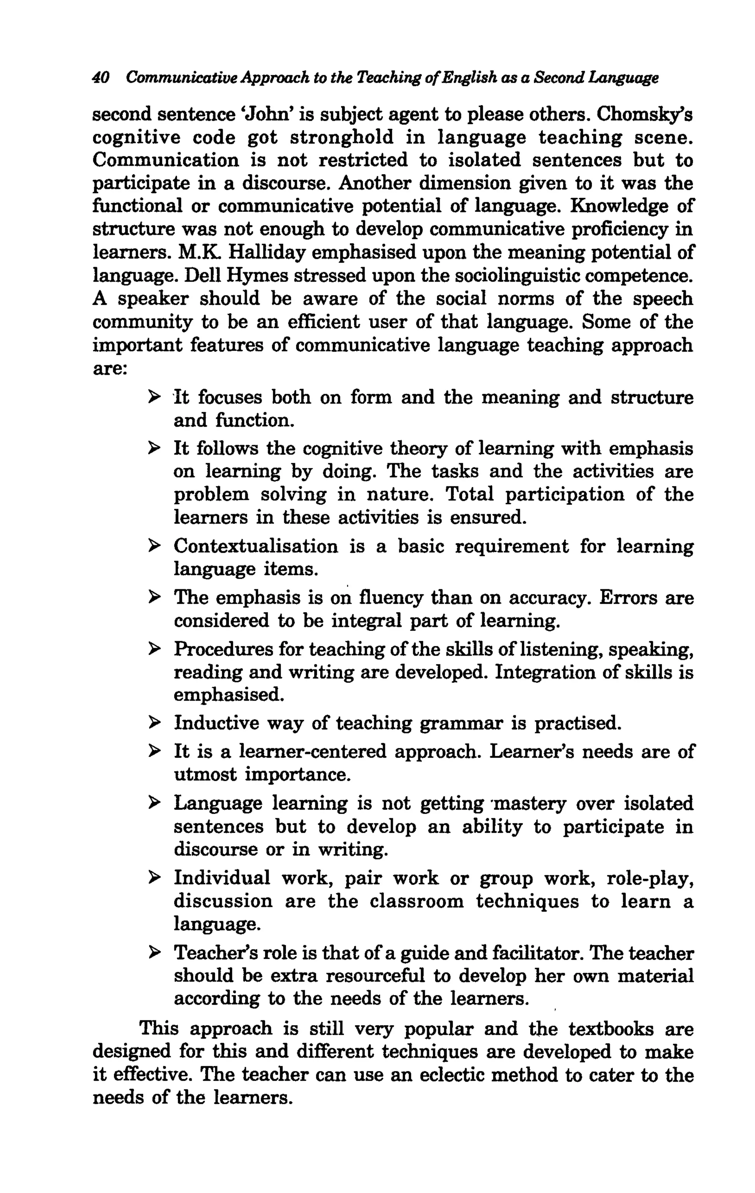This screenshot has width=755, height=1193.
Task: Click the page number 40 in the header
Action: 101,77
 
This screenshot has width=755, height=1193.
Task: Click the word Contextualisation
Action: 255,546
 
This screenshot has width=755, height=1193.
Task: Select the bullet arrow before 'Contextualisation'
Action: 154,546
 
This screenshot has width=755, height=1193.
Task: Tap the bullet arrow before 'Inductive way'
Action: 154,723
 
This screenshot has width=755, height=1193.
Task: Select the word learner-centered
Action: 313,752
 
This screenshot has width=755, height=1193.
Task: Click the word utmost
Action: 205,774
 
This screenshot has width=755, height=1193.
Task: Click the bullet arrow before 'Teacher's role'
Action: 154,952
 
